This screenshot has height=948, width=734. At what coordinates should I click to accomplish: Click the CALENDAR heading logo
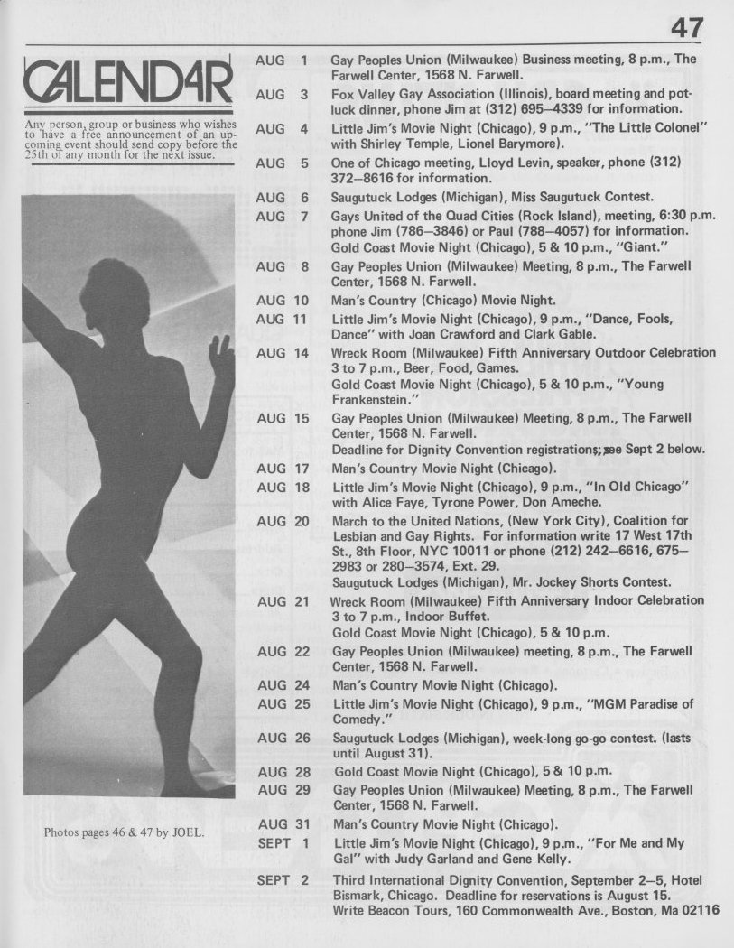pos(127,86)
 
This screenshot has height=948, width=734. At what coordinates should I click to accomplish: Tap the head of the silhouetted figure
pos(114,293)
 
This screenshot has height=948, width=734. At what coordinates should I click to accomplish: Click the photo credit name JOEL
pos(185,832)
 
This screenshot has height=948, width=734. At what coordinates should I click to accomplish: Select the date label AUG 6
pos(282,197)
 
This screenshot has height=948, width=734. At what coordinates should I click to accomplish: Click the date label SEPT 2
pos(283,879)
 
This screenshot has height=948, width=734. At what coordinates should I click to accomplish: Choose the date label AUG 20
pos(283,522)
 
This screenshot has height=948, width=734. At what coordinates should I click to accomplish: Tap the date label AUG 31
pos(283,824)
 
